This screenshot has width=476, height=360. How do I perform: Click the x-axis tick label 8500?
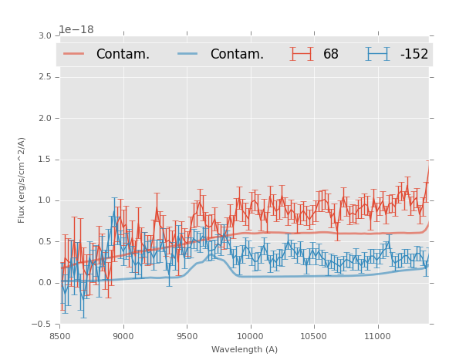pyautogui.click(x=59, y=336)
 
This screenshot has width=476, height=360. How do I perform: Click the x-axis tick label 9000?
pyautogui.click(x=123, y=336)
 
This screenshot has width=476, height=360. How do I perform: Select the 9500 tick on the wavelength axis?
pyautogui.click(x=187, y=336)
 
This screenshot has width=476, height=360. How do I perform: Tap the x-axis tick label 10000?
pyautogui.click(x=250, y=336)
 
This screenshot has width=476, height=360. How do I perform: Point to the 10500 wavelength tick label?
pyautogui.click(x=314, y=336)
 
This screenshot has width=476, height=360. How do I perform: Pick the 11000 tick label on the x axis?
pyautogui.click(x=377, y=336)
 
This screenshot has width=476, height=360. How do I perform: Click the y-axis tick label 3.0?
pyautogui.click(x=44, y=35)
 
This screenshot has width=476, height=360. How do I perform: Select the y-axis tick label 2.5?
pyautogui.click(x=44, y=77)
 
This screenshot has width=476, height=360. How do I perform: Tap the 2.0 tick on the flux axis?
pyautogui.click(x=44, y=118)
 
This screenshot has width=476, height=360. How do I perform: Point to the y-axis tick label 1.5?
pyautogui.click(x=44, y=160)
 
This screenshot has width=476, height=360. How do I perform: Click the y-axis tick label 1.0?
pyautogui.click(x=44, y=200)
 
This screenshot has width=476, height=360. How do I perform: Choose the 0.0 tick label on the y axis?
pyautogui.click(x=44, y=283)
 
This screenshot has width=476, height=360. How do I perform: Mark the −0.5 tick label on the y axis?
pyautogui.click(x=42, y=324)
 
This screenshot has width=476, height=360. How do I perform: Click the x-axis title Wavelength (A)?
pyautogui.click(x=245, y=350)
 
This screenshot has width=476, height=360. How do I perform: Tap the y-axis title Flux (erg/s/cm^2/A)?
pyautogui.click(x=22, y=180)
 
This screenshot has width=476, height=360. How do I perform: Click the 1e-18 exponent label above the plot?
pyautogui.click(x=76, y=29)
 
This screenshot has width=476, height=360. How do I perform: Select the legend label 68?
pyautogui.click(x=331, y=54)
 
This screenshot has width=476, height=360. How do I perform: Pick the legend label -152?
pyautogui.click(x=414, y=54)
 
